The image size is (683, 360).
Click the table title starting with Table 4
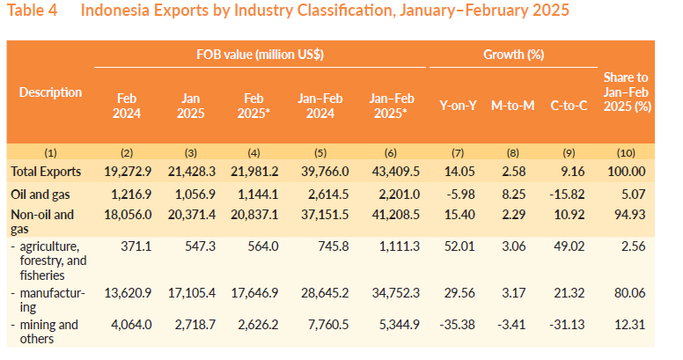tap(291, 11)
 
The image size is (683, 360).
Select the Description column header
tap(50, 92)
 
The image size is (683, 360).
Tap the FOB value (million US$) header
tap(260, 54)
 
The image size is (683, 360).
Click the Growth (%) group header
tap(513, 54)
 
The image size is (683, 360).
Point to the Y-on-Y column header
tap(458, 106)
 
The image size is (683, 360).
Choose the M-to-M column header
tap(513, 106)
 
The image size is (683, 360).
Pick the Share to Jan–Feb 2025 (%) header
tap(628, 92)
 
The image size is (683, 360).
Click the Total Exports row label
tap(46, 171)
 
